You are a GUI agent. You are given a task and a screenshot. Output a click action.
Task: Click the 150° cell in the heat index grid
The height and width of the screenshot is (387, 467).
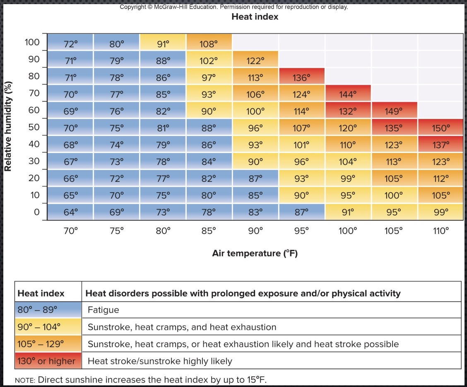tap(441, 128)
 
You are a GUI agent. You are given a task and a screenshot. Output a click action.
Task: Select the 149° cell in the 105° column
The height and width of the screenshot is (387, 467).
tap(394, 111)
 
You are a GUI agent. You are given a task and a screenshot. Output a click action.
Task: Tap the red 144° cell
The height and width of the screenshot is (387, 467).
tap(347, 94)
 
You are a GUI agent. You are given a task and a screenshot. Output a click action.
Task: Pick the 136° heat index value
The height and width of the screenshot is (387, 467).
tap(301, 77)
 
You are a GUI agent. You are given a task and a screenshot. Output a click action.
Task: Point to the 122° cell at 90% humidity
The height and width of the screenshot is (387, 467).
tap(255, 60)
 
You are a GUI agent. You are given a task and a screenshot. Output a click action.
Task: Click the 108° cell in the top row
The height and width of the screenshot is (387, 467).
tap(209, 43)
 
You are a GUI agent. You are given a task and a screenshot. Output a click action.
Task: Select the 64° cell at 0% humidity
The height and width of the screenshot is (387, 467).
tap(70, 212)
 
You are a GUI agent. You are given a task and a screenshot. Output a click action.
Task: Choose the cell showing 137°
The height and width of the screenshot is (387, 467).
tap(441, 145)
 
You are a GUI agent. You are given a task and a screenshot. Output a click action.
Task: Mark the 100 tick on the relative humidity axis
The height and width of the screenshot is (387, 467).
tap(32, 43)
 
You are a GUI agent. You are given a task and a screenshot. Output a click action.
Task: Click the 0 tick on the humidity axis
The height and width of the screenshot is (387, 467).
tap(36, 212)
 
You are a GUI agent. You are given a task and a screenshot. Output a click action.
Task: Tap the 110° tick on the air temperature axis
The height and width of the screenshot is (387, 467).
tap(441, 231)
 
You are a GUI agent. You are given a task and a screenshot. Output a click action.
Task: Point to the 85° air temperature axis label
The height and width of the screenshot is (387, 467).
tap(209, 231)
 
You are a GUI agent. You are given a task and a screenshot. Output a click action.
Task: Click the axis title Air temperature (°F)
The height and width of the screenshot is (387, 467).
tap(255, 253)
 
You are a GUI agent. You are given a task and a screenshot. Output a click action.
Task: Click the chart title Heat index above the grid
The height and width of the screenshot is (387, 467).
tap(255, 17)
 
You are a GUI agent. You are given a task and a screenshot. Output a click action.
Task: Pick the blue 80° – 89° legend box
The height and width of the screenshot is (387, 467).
tap(48, 310)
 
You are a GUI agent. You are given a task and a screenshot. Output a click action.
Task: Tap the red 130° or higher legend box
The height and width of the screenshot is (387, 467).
tap(48, 361)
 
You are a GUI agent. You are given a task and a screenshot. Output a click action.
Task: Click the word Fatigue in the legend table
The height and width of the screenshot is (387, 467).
tap(103, 310)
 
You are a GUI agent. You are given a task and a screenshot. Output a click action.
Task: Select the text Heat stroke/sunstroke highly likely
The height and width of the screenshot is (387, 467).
tap(160, 361)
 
